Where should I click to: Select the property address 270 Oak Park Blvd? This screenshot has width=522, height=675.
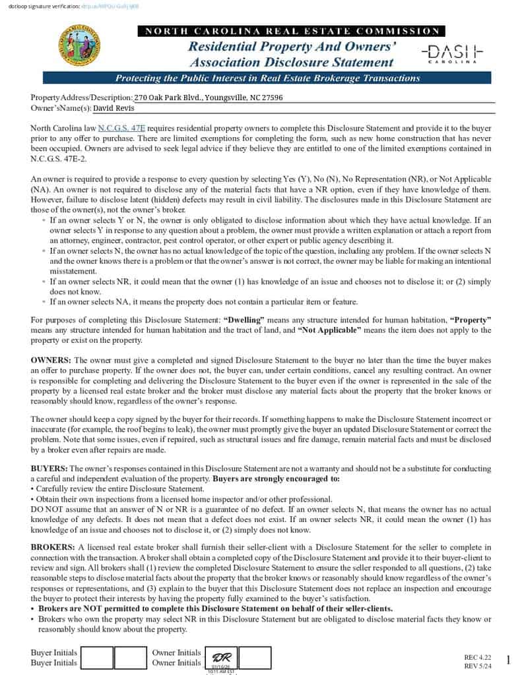pos(208,98)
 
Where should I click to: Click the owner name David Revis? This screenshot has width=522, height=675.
pos(114,108)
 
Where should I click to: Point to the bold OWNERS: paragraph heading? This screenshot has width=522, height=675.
pos(51,360)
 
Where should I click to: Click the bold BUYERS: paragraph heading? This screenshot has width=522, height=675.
pos(49,467)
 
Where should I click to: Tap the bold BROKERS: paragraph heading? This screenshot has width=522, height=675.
pos(53,547)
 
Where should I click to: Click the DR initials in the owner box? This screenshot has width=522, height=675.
pos(220,657)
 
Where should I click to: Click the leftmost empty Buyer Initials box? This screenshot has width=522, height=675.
pos(96,657)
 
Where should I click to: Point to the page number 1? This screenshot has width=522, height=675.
pos(508,660)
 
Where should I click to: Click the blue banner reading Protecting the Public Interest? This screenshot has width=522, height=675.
pos(267,78)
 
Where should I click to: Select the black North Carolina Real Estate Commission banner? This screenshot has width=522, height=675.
pos(291,31)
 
